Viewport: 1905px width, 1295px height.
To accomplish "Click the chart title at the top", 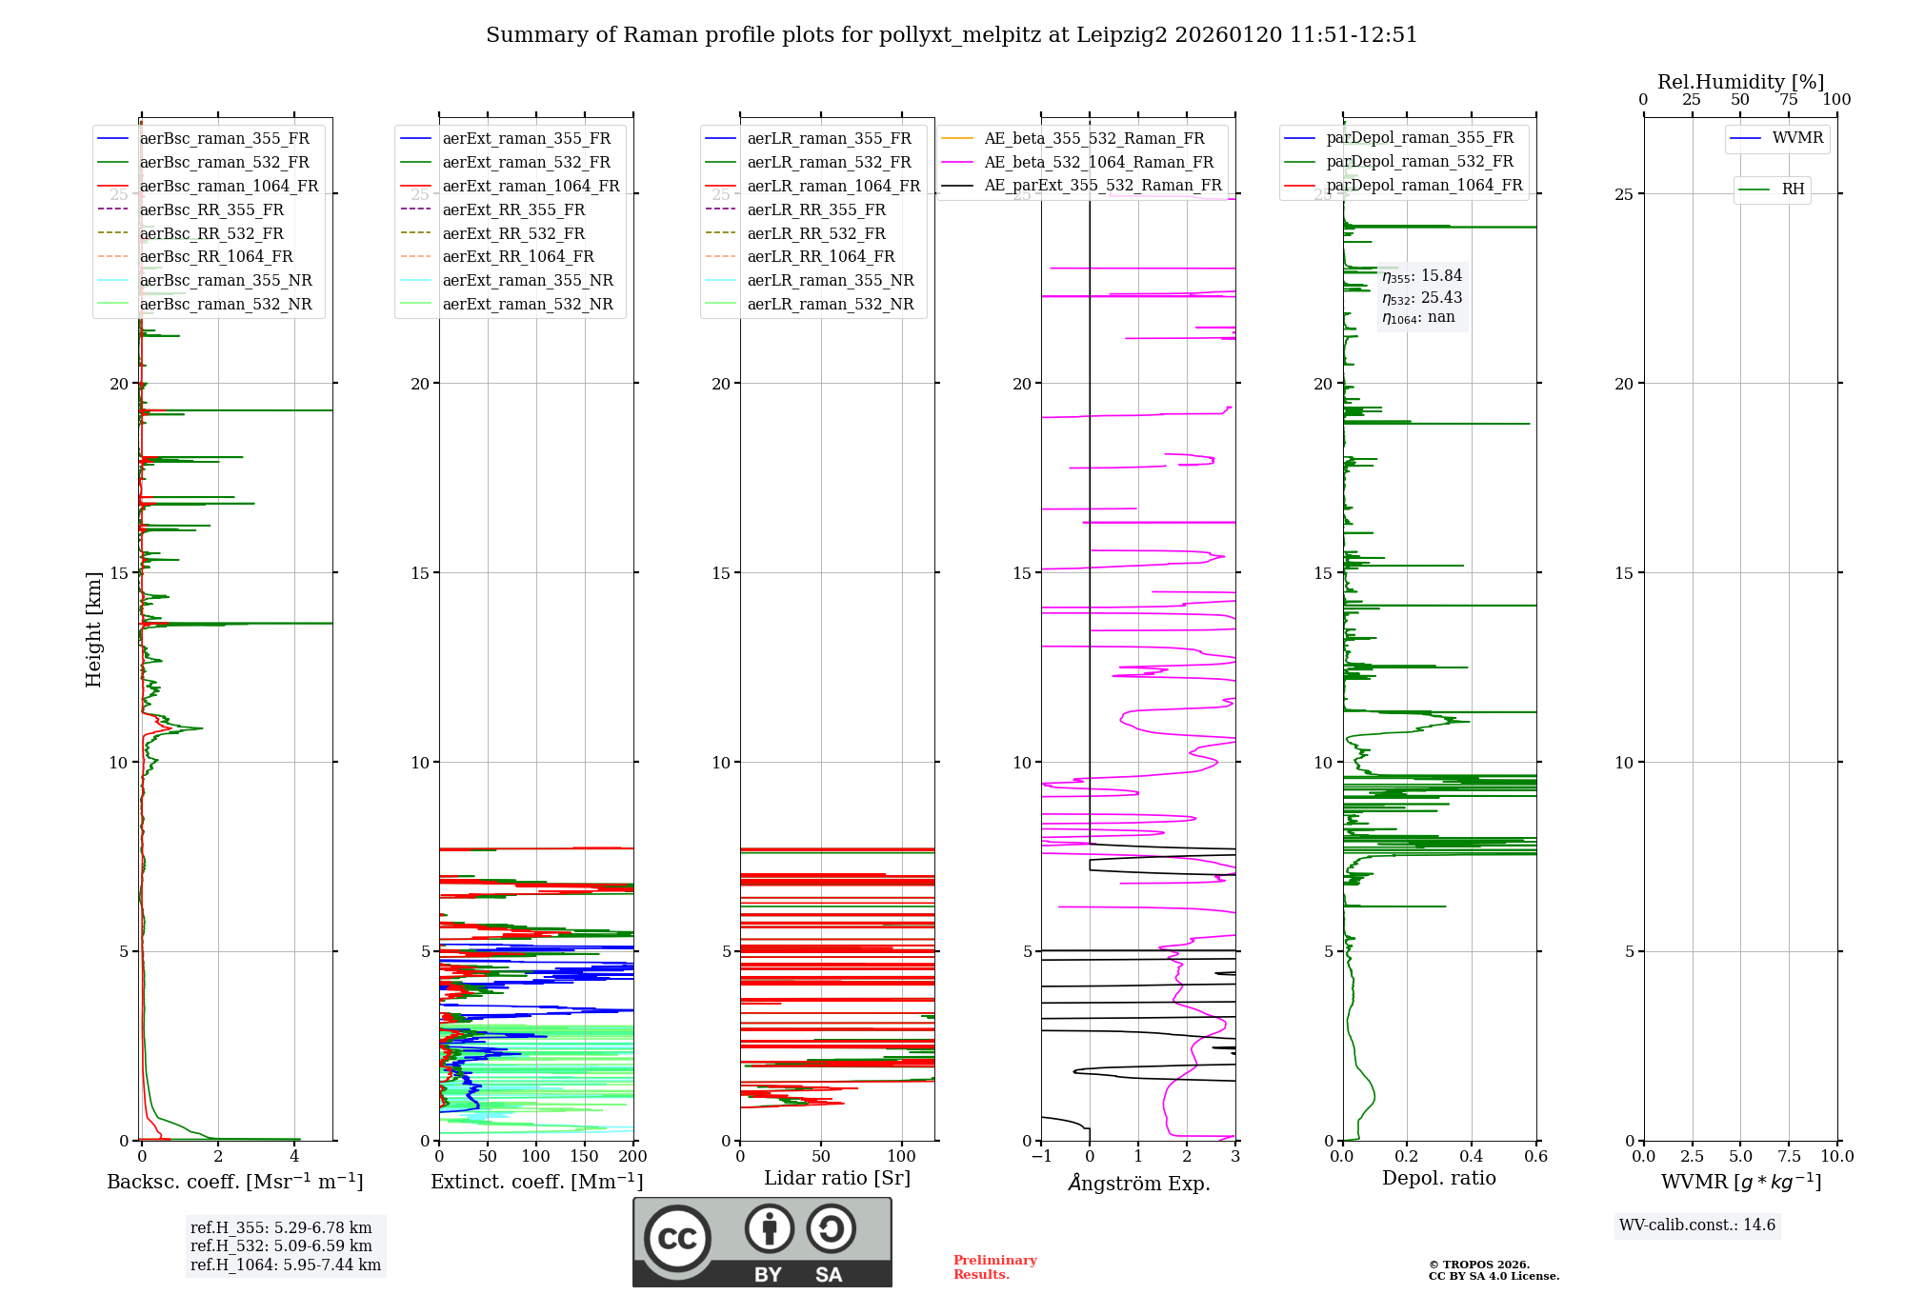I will pyautogui.click(x=952, y=35).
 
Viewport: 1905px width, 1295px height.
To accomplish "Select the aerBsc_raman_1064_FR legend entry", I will pyautogui.click(x=229, y=186).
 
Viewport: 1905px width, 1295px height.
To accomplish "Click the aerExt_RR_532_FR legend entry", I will pyautogui.click(x=513, y=233).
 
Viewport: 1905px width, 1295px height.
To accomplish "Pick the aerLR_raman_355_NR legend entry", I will pyautogui.click(x=830, y=280).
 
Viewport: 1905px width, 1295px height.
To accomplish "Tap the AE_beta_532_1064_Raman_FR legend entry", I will pyautogui.click(x=1098, y=162).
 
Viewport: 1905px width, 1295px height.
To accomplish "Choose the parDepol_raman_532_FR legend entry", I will pyautogui.click(x=1419, y=162).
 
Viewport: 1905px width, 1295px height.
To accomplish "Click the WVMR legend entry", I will pyautogui.click(x=1797, y=138).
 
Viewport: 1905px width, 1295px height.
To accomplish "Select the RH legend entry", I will pyautogui.click(x=1793, y=189).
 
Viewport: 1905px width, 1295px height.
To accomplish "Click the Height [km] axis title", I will pyautogui.click(x=93, y=629).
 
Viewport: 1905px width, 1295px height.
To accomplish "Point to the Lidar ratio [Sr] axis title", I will pyautogui.click(x=837, y=1178).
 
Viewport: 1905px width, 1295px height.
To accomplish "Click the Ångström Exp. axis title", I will pyautogui.click(x=1139, y=1183).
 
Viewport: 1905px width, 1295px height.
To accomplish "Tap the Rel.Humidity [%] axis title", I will pyautogui.click(x=1740, y=82).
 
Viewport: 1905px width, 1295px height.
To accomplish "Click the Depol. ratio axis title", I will pyautogui.click(x=1439, y=1178).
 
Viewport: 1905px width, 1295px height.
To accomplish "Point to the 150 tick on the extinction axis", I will pyautogui.click(x=585, y=1156).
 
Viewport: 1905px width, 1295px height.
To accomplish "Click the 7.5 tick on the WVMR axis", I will pyautogui.click(x=1790, y=1156).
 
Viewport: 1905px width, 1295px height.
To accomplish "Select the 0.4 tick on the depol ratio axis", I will pyautogui.click(x=1472, y=1156).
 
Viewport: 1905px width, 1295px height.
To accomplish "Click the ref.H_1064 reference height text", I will pyautogui.click(x=286, y=1265).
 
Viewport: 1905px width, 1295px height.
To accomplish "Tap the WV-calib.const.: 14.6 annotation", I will pyautogui.click(x=1697, y=1225).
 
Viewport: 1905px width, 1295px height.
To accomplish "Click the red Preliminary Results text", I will pyautogui.click(x=994, y=1267).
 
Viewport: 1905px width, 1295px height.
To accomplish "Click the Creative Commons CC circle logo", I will pyautogui.click(x=677, y=1239).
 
